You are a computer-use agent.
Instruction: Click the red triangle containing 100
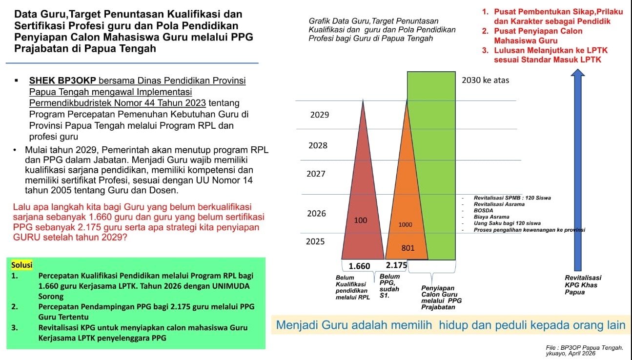pyautogui.click(x=363, y=198)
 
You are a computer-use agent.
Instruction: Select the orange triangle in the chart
pyautogui.click(x=407, y=198)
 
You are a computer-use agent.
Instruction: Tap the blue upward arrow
pyautogui.click(x=578, y=170)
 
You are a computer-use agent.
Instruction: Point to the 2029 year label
pyautogui.click(x=320, y=115)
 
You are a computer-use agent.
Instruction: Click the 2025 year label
pyautogui.click(x=315, y=241)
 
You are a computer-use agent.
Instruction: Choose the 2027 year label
pyautogui.click(x=316, y=174)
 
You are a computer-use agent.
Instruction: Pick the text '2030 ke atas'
pyautogui.click(x=485, y=80)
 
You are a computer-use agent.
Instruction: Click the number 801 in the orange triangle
pyautogui.click(x=408, y=248)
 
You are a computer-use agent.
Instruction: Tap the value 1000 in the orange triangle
pyautogui.click(x=405, y=225)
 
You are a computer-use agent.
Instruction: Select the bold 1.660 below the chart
pyautogui.click(x=359, y=266)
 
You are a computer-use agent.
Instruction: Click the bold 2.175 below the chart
pyautogui.click(x=396, y=265)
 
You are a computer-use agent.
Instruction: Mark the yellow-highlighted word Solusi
pyautogui.click(x=22, y=265)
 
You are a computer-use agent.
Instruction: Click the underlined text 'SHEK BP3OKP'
pyautogui.click(x=62, y=80)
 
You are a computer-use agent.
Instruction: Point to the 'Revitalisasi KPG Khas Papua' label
pyautogui.click(x=583, y=285)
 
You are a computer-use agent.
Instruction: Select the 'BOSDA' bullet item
pyautogui.click(x=483, y=211)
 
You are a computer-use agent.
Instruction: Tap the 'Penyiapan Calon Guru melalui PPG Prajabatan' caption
pyautogui.click(x=441, y=298)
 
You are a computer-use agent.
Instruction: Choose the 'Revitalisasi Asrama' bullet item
pyautogui.click(x=499, y=204)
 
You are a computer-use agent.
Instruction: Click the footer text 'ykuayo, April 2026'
pyautogui.click(x=571, y=354)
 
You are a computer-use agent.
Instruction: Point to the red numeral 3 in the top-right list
pyautogui.click(x=485, y=50)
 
